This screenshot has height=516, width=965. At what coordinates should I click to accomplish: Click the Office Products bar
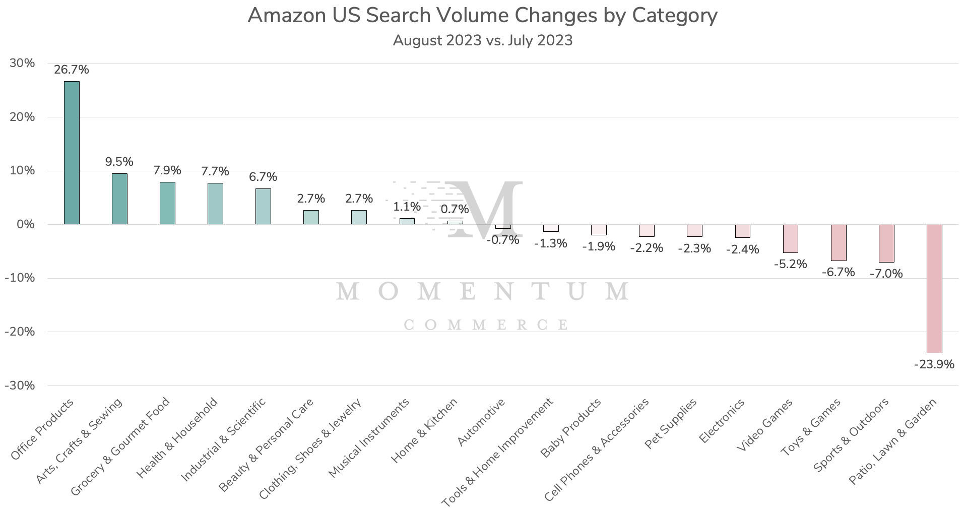72,153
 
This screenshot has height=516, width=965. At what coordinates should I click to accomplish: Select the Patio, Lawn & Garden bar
934,288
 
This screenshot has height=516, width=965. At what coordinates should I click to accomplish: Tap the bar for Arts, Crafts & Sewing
119,199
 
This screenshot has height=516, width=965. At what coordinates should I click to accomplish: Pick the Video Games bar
790,238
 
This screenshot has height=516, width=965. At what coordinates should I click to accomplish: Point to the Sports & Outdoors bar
886,243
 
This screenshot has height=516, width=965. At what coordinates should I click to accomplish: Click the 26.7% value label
72,70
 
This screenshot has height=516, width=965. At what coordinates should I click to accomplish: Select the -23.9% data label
934,364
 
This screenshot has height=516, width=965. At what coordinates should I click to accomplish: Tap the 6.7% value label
263,177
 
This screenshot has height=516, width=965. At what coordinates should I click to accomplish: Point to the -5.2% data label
790,264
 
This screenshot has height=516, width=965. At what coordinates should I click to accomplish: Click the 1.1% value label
407,207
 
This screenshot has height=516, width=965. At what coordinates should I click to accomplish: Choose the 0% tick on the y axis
25,224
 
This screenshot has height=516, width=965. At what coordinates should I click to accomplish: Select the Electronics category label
722,421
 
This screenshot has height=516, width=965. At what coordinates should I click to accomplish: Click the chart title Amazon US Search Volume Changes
482,16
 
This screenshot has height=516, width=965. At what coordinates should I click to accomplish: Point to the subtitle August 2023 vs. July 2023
482,40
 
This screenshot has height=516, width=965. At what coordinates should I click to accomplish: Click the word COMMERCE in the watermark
486,325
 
